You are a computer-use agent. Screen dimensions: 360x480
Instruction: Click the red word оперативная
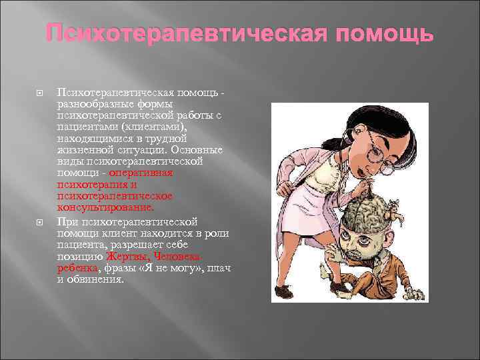point(141,173)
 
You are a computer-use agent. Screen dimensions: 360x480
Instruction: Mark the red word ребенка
point(78,267)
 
